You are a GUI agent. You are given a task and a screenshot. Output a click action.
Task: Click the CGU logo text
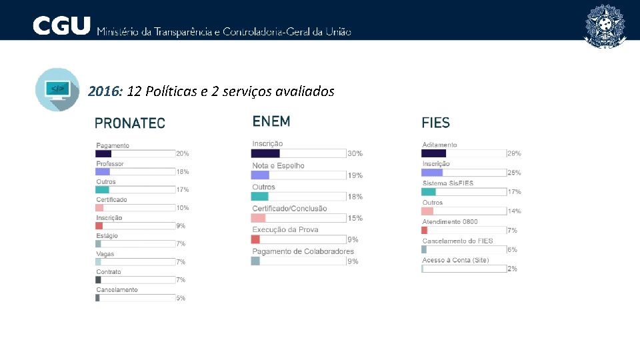61,26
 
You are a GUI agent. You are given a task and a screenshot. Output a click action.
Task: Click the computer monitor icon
57,89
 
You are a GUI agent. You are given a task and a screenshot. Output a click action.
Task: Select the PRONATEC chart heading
130,123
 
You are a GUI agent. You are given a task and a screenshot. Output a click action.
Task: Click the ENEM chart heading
271,121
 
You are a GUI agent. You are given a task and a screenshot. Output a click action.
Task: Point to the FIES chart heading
436,123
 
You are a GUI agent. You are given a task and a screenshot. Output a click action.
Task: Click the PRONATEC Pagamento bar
104,153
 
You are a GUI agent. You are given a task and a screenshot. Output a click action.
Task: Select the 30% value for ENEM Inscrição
355,154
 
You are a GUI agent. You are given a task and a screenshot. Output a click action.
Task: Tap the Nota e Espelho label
278,165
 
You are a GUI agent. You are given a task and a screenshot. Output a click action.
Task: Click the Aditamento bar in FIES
434,153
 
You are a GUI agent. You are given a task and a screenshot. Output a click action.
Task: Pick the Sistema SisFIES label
448,183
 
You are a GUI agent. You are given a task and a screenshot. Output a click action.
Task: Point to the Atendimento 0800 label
450,222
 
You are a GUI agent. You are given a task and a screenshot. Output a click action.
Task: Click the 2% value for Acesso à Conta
512,269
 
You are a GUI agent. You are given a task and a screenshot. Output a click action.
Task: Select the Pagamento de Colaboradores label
303,251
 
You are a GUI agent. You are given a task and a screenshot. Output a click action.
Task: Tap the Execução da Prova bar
256,239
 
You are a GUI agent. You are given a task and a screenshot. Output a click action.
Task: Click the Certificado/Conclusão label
289,209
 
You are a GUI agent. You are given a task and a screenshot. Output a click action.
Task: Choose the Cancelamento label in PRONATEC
117,290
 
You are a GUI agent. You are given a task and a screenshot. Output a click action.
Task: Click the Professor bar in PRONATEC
103,171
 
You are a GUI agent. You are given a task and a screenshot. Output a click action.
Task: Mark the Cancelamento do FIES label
457,241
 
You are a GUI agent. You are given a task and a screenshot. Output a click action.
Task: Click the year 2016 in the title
103,91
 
